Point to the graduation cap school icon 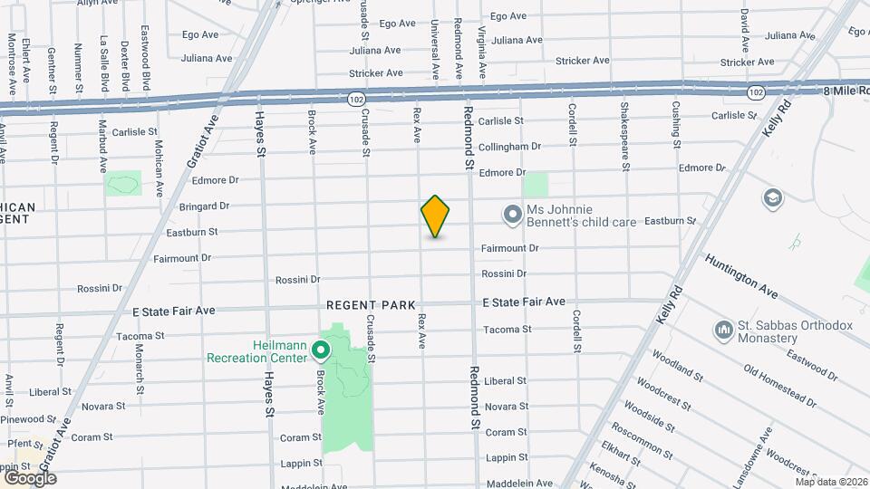click(772, 198)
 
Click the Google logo click(29, 477)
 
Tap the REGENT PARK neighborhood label click(371, 306)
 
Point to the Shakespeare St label click(624, 137)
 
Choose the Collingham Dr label click(509, 146)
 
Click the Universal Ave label click(436, 49)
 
